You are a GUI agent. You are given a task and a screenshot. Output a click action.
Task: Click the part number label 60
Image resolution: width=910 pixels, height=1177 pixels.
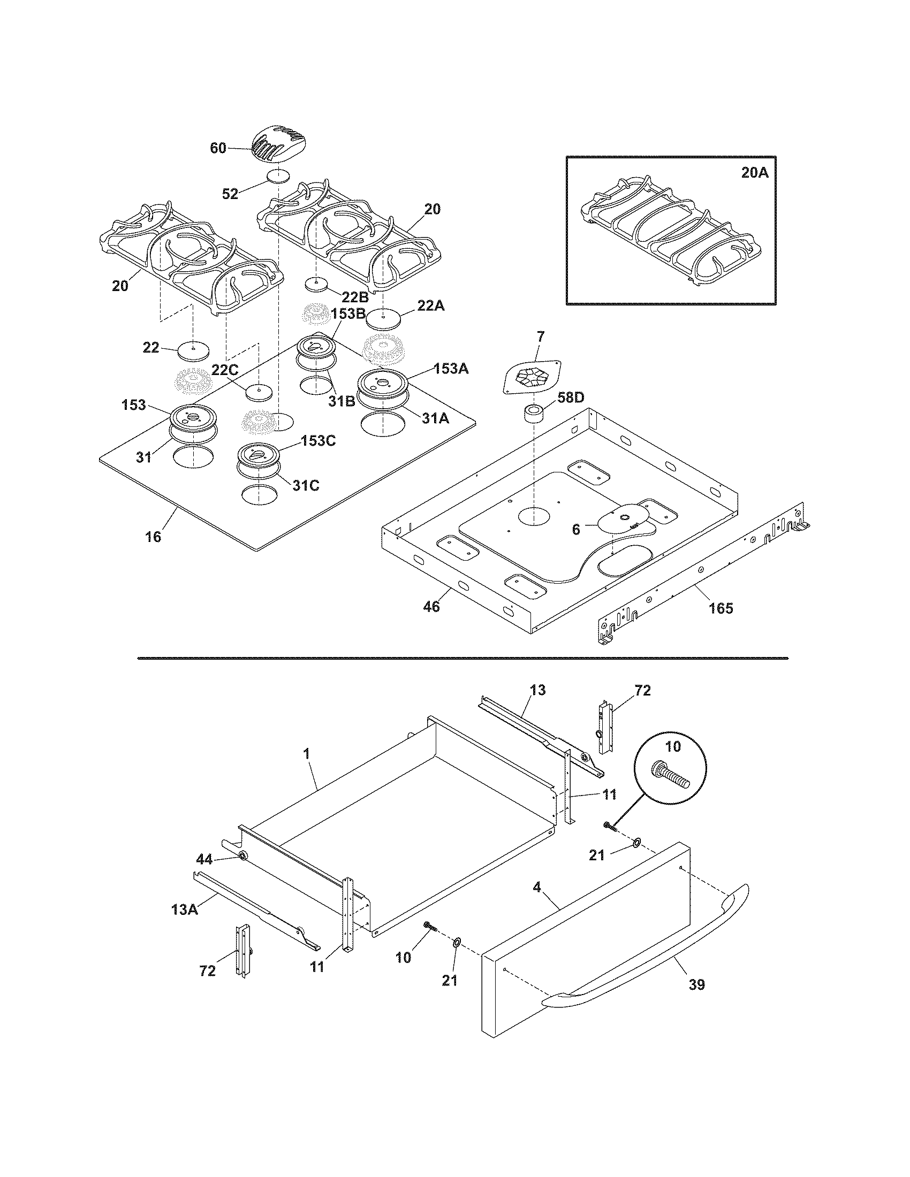(x=218, y=148)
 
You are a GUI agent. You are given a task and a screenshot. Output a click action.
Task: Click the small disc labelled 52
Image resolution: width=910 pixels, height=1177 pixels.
(x=278, y=177)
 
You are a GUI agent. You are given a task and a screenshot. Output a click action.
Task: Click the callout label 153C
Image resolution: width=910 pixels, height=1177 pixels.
(x=318, y=440)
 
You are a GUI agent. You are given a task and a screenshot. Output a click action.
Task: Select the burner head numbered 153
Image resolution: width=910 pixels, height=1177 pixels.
(x=193, y=417)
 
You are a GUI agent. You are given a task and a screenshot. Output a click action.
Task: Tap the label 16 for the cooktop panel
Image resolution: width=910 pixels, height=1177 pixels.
(x=153, y=537)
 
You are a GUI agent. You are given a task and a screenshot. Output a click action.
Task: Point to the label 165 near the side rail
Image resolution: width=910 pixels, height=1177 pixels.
(x=721, y=608)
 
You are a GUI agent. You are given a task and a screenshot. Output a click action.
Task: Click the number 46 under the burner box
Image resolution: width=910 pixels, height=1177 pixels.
(x=431, y=607)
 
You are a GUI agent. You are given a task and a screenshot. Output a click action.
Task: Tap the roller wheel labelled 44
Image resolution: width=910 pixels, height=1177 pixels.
(x=242, y=856)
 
